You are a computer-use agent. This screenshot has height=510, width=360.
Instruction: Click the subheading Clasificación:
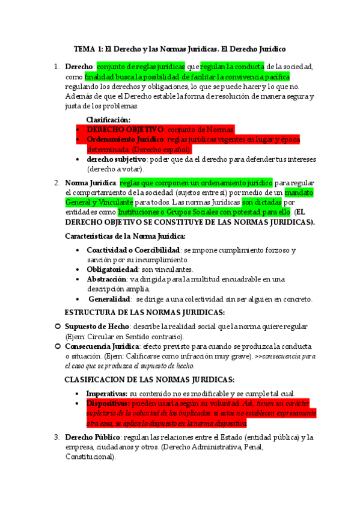pyautogui.click(x=108, y=119)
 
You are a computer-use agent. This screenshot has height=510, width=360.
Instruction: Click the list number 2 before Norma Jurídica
pyautogui.click(x=56, y=182)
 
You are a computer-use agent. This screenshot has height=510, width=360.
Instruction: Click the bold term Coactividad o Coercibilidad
pyautogui.click(x=133, y=249)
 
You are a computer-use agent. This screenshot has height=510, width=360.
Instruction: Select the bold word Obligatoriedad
pyautogui.click(x=112, y=269)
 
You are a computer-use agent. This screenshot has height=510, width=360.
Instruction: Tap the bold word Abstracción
pyautogui.click(x=106, y=279)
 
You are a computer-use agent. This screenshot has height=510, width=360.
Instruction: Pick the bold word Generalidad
pyautogui.click(x=110, y=299)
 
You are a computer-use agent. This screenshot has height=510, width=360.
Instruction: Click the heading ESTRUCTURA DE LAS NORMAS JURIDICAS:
pyautogui.click(x=145, y=312)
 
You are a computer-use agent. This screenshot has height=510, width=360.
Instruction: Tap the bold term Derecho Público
pyautogui.click(x=90, y=437)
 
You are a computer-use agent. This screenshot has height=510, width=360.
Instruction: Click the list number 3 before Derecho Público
pyautogui.click(x=56, y=437)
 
